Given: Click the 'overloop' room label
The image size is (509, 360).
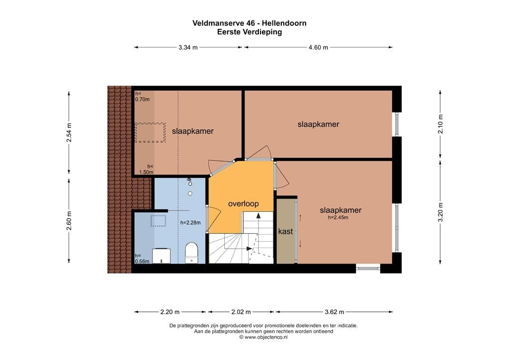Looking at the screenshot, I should point(243,204).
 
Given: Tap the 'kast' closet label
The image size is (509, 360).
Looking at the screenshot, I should point(285,232).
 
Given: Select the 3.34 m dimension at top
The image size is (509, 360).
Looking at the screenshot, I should point(188,48).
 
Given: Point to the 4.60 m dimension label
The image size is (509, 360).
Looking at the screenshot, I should point(318,48).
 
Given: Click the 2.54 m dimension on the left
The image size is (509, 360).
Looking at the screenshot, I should point(69,132).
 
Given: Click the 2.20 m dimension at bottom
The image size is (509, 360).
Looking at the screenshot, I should point(170,312).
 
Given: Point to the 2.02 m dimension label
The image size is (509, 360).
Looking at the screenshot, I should point(242,312).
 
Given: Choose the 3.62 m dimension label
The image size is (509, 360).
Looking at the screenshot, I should point(334,312).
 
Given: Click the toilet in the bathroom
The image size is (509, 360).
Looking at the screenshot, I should point(191,252).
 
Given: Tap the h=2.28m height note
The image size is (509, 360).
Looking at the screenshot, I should point(190,223).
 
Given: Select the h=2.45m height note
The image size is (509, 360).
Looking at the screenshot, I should point(338,218).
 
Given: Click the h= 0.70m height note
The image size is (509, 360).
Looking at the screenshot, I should point(142,96).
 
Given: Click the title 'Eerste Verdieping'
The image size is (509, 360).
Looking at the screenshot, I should point(249,32).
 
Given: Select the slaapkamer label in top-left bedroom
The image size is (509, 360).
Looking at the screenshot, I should point(193,131).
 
